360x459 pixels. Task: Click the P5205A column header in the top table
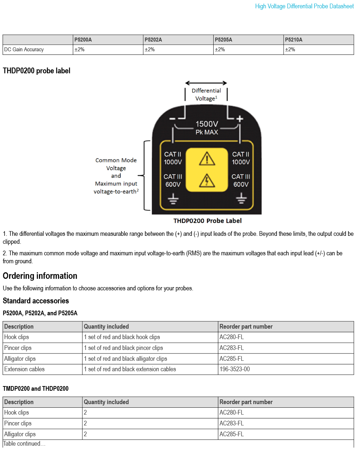point(223,40)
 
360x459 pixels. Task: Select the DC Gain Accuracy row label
point(24,49)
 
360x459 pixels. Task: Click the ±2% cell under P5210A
point(290,49)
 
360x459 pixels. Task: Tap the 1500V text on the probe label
point(207,124)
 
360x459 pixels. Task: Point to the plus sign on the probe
point(240,118)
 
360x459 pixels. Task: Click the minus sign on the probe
point(172,119)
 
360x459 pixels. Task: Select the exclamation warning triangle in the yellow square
point(207,159)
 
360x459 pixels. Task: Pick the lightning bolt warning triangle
point(207,181)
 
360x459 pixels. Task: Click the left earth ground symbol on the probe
point(173,199)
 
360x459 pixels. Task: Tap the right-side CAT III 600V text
point(241,181)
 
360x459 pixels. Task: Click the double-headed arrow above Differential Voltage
point(206,83)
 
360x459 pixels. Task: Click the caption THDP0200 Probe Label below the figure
point(207,221)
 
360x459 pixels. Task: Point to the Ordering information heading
point(40,276)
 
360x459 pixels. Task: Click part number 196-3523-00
point(235,369)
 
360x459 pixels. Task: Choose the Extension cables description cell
point(25,369)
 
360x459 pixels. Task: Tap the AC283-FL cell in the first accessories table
point(232,348)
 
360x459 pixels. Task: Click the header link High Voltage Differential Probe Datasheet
point(304,6)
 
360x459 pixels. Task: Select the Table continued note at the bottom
point(24,443)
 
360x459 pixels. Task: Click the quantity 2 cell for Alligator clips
point(85,434)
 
